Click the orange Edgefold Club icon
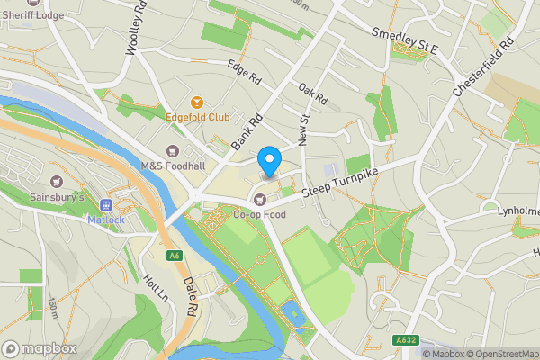pyautogui.click(x=198, y=101)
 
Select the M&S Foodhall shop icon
pyautogui.click(x=173, y=150)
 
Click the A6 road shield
pyautogui.click(x=175, y=256)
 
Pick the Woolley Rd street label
pyautogui.click(x=137, y=34)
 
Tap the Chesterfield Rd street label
pyautogui.click(x=483, y=67)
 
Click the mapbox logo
pyautogui.click(x=39, y=348)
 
